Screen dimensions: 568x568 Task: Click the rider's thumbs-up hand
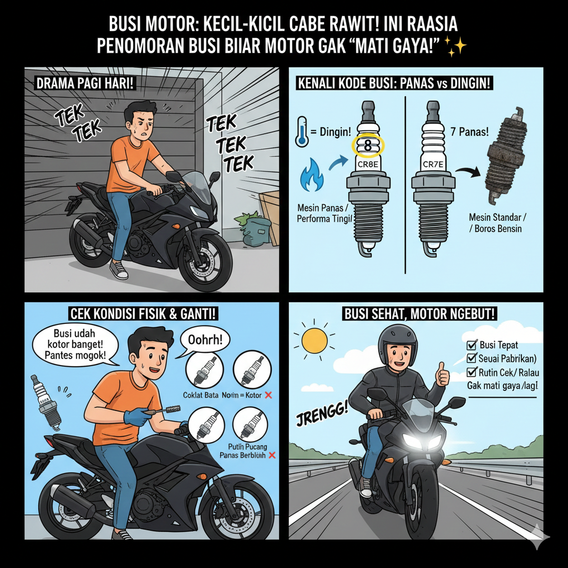point(442,375)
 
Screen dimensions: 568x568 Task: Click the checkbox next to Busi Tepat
point(473,344)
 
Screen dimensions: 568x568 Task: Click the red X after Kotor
point(268,395)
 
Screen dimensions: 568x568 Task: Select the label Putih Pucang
point(247,445)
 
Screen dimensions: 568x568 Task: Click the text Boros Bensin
point(496,228)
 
